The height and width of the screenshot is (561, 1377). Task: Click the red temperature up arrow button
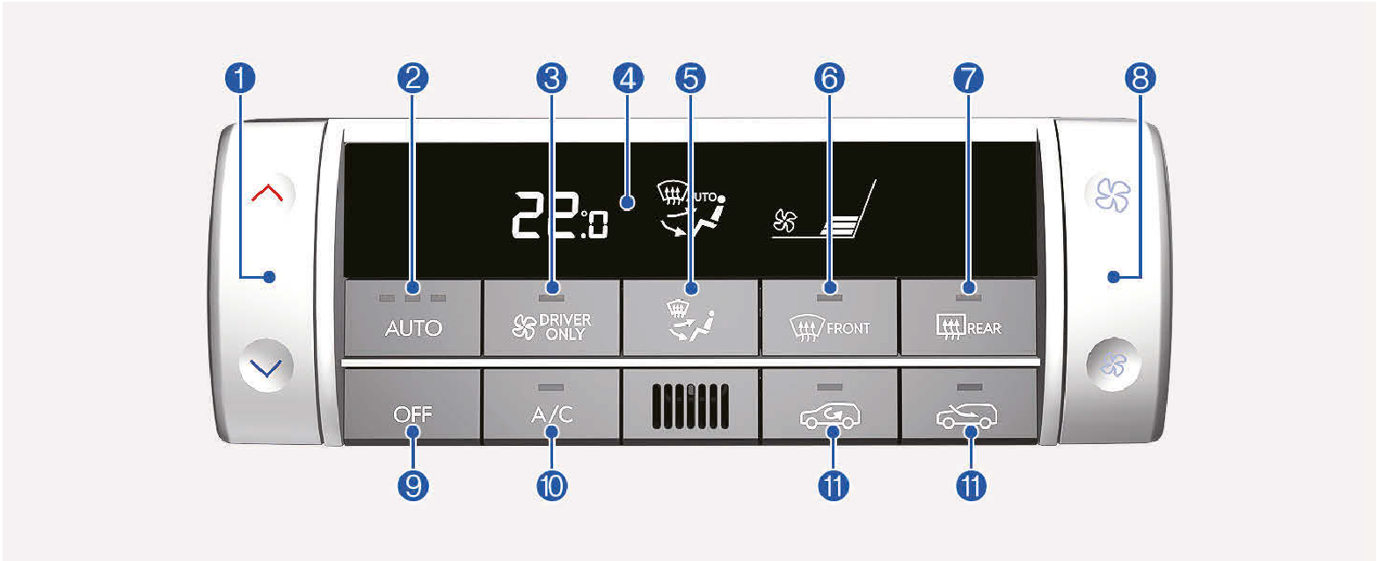coord(267,193)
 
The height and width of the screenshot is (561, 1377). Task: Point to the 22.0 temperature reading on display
coord(559,215)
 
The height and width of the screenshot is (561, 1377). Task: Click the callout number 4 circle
coord(626,78)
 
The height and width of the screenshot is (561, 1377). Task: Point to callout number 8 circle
coord(1140,78)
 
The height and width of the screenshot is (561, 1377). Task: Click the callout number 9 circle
coord(413,485)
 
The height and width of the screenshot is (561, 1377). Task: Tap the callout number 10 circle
coord(551,485)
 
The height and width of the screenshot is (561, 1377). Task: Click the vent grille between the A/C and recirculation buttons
coord(690,406)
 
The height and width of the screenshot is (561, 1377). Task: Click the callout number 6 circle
coord(829,78)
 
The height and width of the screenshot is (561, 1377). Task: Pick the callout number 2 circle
coord(413,78)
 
